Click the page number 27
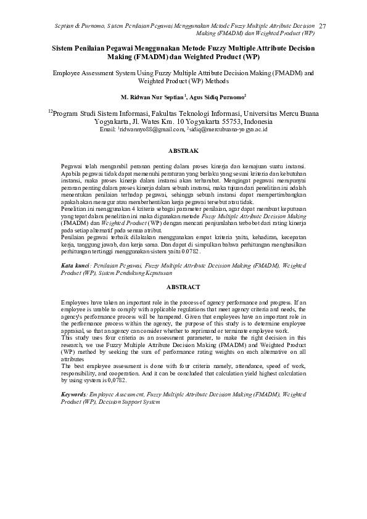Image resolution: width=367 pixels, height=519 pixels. coord(323,25)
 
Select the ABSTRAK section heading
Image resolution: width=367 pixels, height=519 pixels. coord(184,150)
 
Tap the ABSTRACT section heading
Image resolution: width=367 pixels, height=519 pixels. coord(184,287)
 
